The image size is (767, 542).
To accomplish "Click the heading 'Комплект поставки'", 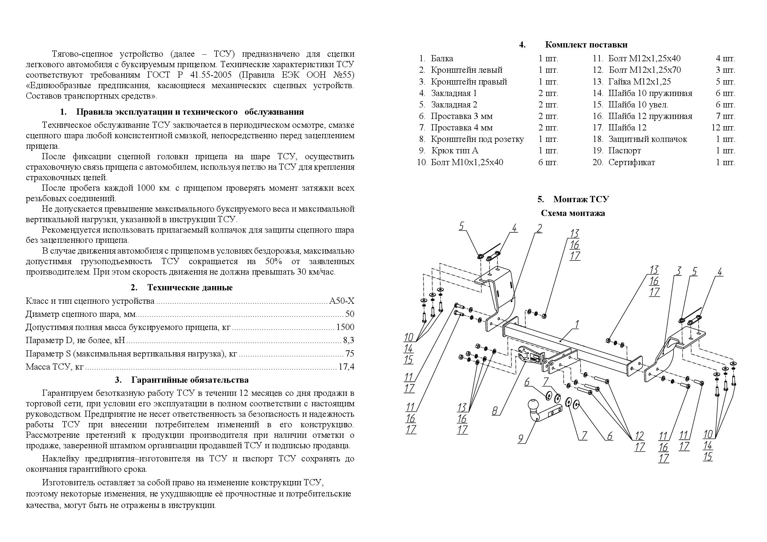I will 586,45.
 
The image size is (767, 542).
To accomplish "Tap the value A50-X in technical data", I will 342,301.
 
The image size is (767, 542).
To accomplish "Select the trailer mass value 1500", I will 345,327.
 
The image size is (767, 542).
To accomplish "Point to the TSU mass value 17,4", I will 346,367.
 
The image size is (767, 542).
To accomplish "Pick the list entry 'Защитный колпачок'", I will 647,139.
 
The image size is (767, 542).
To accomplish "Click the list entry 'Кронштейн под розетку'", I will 477,139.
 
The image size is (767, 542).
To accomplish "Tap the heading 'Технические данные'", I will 190,287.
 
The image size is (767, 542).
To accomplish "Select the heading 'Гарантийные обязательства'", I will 190,380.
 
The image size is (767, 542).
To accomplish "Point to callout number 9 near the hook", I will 521,438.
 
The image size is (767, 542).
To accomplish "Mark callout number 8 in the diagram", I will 495,410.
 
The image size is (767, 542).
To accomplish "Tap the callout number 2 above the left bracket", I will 539,229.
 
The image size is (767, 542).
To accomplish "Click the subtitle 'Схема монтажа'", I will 573,213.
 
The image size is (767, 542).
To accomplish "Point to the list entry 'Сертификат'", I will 631,163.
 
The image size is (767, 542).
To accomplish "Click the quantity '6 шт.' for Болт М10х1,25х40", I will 548,163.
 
